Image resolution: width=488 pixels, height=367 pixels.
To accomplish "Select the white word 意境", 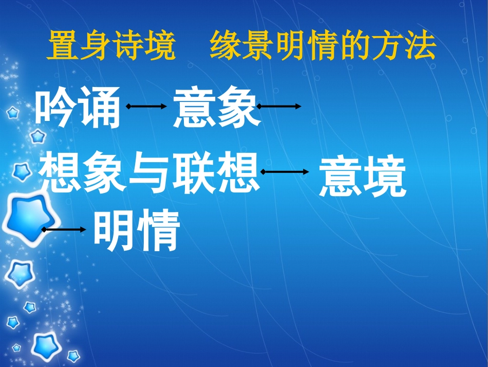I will coord(362,178).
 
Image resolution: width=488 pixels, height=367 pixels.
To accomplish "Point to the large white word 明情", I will coord(137,232).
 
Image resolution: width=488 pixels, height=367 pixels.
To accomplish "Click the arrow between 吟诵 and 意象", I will coord(146,107).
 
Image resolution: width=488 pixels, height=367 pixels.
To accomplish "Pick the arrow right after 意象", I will coord(279,107).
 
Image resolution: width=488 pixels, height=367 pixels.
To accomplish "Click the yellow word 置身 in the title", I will coord(79,47).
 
